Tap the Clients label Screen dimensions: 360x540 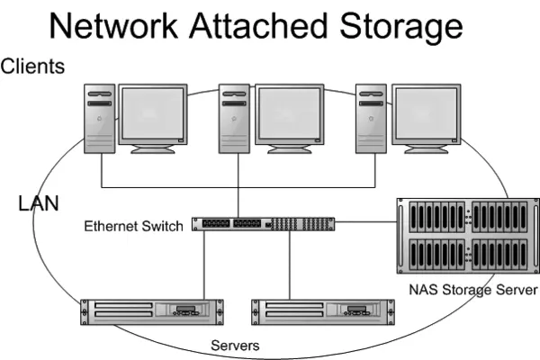tap(32, 67)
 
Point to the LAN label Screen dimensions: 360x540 tap(39, 203)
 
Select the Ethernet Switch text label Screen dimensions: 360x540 tap(133, 225)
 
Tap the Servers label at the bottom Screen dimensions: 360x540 tap(235, 346)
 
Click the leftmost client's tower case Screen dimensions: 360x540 tap(101, 119)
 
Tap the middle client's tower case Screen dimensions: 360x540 tap(235, 119)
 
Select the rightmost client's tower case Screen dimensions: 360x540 tap(370, 119)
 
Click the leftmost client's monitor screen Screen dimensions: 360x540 tap(153, 115)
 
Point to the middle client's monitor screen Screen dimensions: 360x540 tap(289, 115)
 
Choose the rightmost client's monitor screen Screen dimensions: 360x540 tap(426, 115)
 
